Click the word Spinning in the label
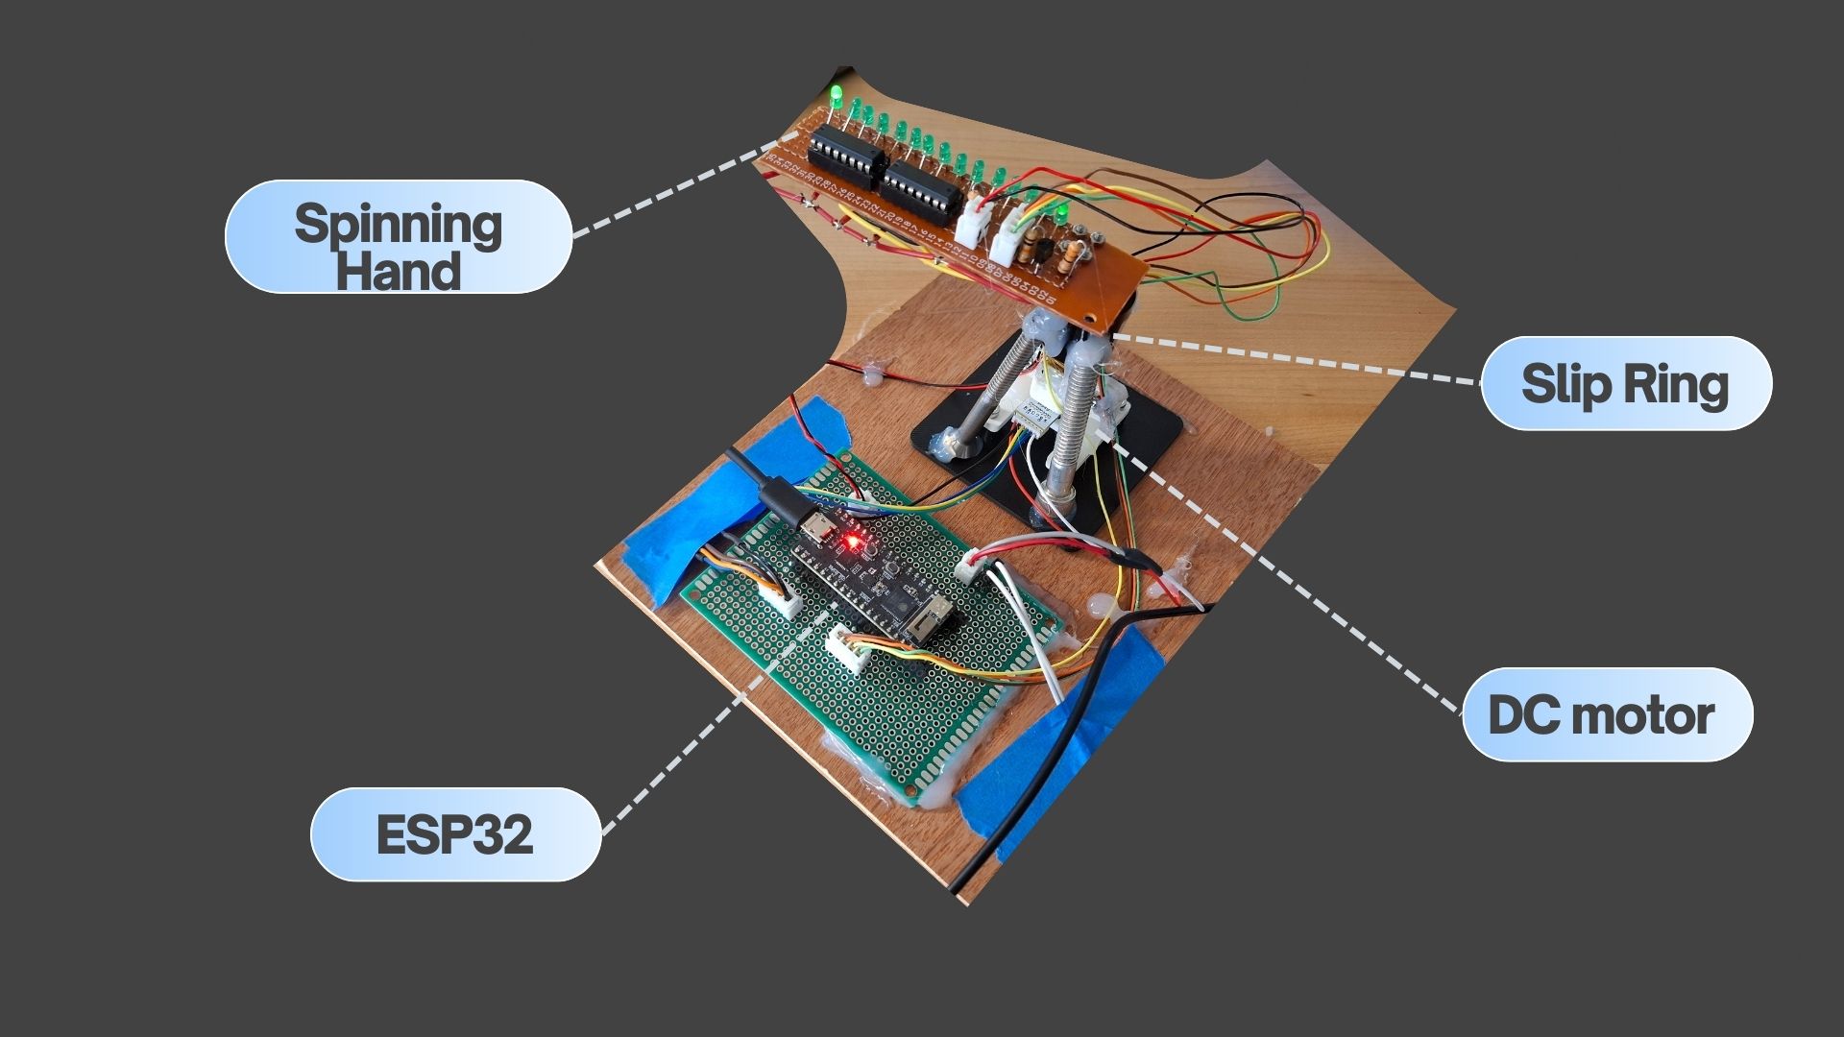tap(398, 223)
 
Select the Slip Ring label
tap(1625, 383)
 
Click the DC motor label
tap(1602, 715)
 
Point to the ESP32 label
tap(454, 834)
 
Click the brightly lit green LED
tap(837, 95)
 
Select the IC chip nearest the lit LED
tap(845, 157)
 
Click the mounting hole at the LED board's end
tap(1088, 317)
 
